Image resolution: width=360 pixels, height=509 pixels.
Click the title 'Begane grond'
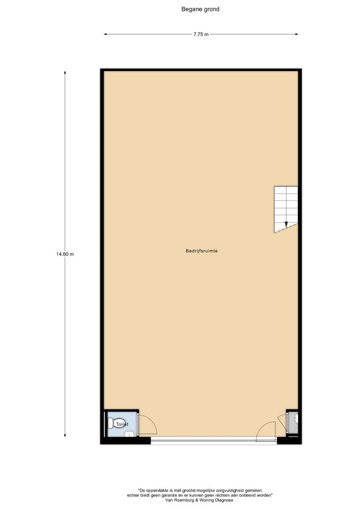200,9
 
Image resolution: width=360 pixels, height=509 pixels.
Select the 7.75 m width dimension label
201,34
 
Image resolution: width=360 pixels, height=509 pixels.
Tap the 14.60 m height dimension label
65,254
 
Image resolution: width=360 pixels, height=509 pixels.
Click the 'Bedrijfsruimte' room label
202,251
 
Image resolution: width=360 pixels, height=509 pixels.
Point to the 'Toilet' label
122,424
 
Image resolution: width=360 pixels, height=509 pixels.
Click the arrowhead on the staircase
286,224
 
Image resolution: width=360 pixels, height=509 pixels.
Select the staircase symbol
286,209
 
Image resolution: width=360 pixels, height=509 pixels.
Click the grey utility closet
292,422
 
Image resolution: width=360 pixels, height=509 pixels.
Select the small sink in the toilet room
130,434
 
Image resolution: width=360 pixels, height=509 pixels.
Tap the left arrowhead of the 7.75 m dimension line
105,34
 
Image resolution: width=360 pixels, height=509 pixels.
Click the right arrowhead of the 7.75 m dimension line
296,34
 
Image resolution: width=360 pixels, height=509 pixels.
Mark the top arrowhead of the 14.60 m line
65,73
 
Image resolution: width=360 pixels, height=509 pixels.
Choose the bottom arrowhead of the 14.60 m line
65,436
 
